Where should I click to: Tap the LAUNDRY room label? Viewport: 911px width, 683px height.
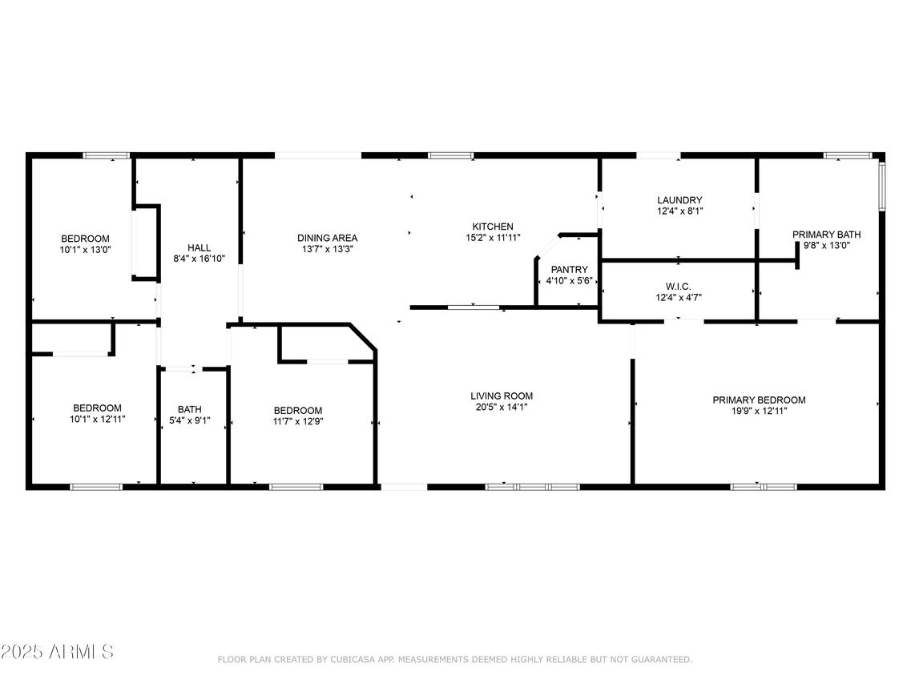[679, 200]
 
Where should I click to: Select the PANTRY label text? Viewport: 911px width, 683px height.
[569, 270]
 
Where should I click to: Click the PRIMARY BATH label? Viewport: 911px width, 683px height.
[826, 235]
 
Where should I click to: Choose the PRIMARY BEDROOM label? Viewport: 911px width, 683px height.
[759, 400]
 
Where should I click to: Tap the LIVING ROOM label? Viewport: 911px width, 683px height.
[501, 396]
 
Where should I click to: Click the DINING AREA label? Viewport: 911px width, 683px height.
[327, 238]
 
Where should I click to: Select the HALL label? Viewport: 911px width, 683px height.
[199, 247]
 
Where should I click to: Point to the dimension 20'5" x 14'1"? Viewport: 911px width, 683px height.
[501, 407]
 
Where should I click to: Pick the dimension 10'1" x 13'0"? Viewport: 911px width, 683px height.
[85, 250]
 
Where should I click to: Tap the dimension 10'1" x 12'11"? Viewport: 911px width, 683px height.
[97, 419]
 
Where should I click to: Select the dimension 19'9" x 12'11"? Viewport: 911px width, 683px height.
[759, 411]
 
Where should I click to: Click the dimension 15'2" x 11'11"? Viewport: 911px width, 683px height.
[493, 238]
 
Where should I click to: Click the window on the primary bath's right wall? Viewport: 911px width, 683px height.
[881, 187]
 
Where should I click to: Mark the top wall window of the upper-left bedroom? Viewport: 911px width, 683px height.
[107, 155]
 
